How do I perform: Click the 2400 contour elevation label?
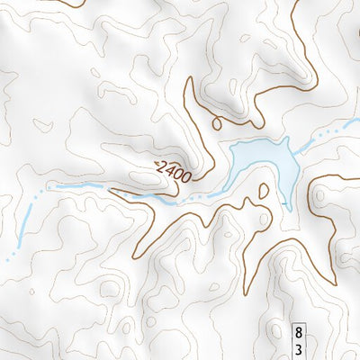pyautogui.click(x=173, y=170)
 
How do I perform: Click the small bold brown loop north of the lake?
pyautogui.click(x=216, y=123)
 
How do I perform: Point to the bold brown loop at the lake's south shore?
pyautogui.click(x=264, y=191)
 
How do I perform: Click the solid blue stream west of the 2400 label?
pyautogui.click(x=81, y=186)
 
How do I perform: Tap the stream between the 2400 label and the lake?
pyautogui.click(x=209, y=193)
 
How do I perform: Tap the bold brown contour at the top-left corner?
pyautogui.click(x=63, y=3)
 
